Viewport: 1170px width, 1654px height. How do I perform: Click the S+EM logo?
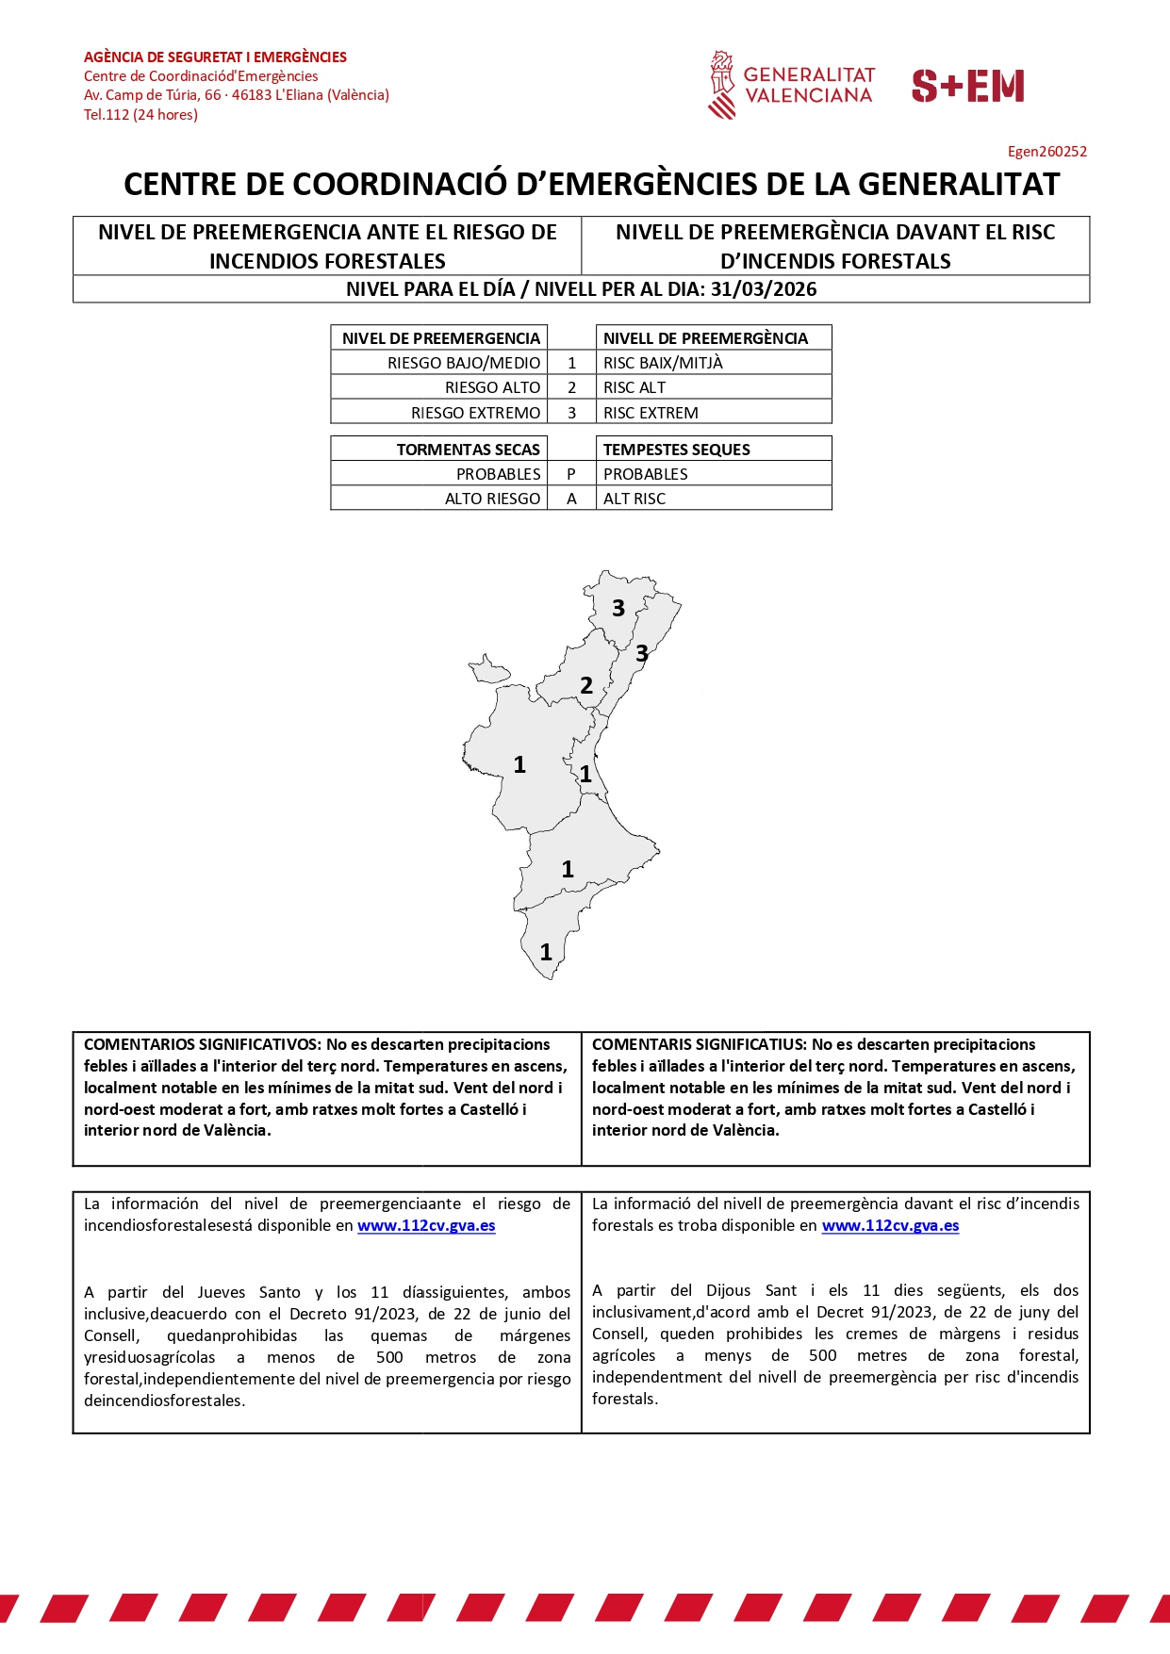(x=967, y=86)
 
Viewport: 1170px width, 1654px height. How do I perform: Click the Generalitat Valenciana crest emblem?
(x=722, y=85)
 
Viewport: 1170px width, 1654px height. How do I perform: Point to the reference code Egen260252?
(x=1046, y=151)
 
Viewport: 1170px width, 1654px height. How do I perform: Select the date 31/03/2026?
(x=764, y=289)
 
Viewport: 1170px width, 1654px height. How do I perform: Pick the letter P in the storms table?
(x=571, y=474)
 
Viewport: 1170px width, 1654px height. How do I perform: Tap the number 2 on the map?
(x=586, y=686)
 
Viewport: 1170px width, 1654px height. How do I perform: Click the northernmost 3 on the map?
(x=618, y=609)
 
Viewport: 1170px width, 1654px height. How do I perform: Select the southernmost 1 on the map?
(x=546, y=953)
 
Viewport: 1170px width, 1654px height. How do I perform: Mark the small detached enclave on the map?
(x=489, y=670)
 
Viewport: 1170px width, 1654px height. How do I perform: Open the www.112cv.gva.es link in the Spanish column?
(x=426, y=1225)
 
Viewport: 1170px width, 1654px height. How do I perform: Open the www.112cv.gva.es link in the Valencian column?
(x=890, y=1225)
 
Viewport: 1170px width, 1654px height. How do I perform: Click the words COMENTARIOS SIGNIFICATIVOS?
(x=201, y=1044)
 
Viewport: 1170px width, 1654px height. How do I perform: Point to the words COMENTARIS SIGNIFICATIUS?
(x=699, y=1044)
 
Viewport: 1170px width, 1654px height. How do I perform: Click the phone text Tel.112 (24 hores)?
(x=140, y=115)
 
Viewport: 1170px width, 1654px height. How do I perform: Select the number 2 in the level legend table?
(x=571, y=387)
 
